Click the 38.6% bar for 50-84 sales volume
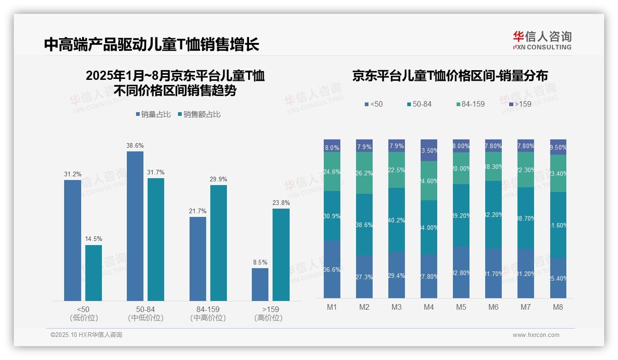[x=135, y=226]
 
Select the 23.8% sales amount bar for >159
[x=281, y=255]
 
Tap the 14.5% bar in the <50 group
[x=94, y=273]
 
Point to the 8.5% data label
[x=260, y=262]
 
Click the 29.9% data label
[x=218, y=180]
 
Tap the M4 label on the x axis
[x=429, y=307]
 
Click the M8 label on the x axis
[x=558, y=307]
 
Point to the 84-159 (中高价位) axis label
[x=208, y=313]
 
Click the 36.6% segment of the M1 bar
[x=332, y=269]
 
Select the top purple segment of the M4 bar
[x=429, y=150]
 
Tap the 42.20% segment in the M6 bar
[x=493, y=215]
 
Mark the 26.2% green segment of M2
[x=364, y=173]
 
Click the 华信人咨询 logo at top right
[x=542, y=41]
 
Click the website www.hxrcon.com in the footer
[x=535, y=335]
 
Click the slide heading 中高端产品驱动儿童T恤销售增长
[x=152, y=45]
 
